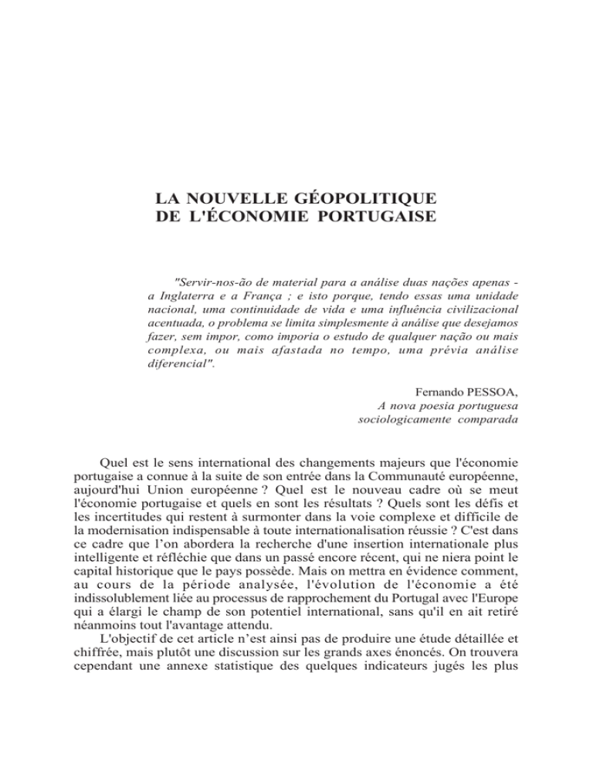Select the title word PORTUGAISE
(x=373, y=209)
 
